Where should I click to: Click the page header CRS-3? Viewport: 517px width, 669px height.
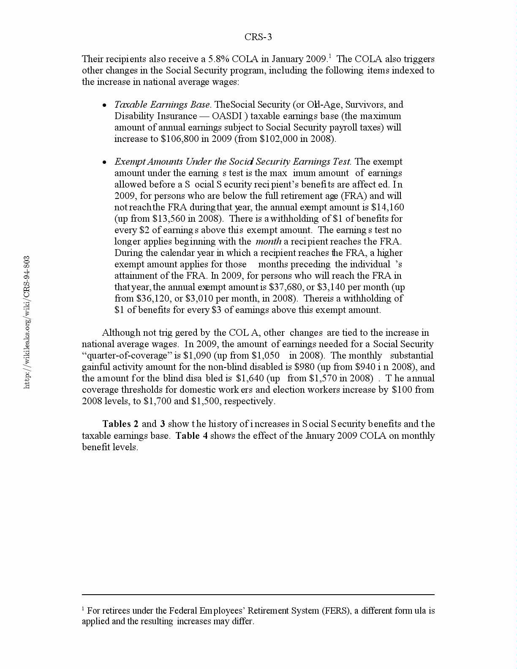[x=258, y=37]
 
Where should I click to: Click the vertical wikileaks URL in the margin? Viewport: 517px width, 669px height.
[x=27, y=322]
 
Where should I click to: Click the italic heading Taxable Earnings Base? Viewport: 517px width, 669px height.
[x=163, y=105]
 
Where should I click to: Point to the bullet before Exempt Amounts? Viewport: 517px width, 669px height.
[x=104, y=163]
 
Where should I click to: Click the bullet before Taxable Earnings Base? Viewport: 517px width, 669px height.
[x=104, y=106]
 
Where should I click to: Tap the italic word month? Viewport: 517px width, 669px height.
[x=268, y=242]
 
